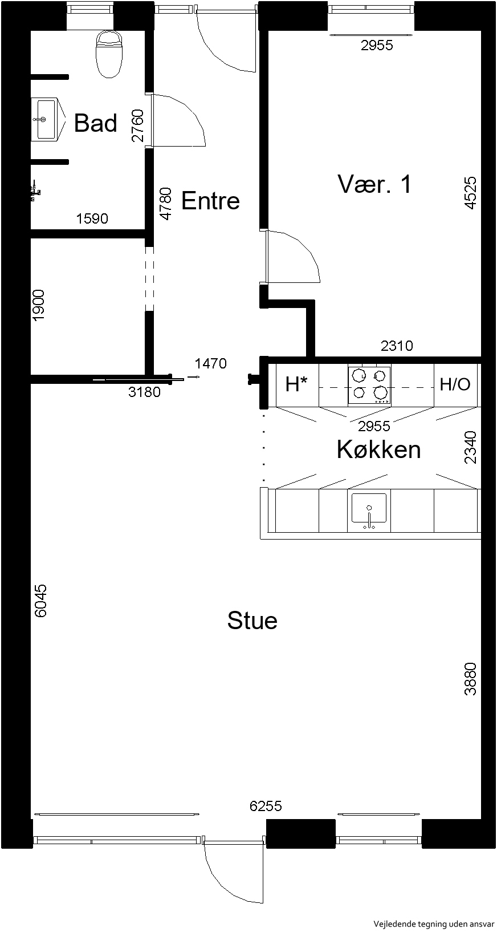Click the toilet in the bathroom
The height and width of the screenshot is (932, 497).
tap(110, 55)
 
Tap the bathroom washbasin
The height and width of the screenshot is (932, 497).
tap(47, 119)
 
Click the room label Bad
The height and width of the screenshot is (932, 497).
tap(96, 123)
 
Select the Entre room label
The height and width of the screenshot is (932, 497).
tap(210, 201)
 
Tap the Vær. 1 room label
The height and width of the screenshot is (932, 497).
tap(374, 184)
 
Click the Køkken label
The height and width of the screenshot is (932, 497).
tap(378, 450)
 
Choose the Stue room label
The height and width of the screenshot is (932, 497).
tap(252, 621)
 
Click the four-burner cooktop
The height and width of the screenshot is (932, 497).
tap(369, 385)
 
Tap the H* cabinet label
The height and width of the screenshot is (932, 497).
tap(296, 384)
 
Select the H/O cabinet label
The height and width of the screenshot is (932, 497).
tap(455, 384)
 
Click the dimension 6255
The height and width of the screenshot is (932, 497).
tap(266, 806)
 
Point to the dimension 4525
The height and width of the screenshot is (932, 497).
tap(470, 193)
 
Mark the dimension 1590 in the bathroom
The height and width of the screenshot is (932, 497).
tap(92, 218)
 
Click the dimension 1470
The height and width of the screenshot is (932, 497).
tap(211, 363)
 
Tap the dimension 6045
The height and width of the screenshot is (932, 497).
tap(41, 601)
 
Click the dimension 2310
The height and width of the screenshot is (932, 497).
tap(397, 345)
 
